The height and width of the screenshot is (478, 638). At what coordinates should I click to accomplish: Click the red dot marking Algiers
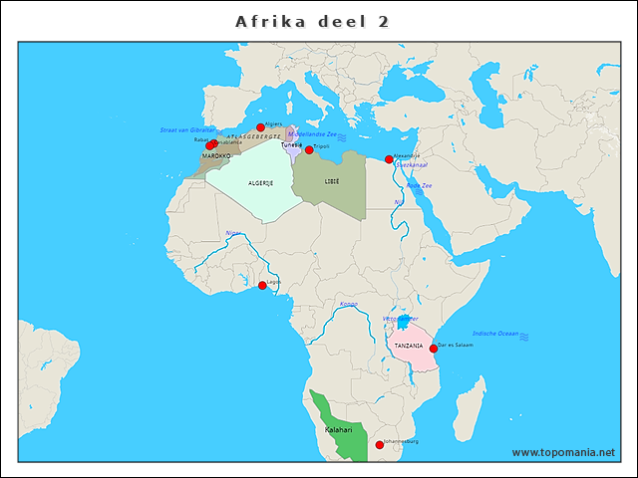click(x=260, y=127)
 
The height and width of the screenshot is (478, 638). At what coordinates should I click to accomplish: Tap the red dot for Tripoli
click(x=309, y=149)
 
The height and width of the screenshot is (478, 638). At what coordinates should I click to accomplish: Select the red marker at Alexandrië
click(x=389, y=159)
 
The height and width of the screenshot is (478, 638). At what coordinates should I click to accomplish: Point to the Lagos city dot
click(x=262, y=286)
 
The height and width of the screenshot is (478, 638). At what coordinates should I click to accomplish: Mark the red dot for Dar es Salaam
click(x=434, y=349)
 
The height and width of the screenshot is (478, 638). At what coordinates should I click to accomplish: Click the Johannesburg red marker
click(x=379, y=444)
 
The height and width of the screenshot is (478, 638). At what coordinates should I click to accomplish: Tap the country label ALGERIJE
click(x=260, y=183)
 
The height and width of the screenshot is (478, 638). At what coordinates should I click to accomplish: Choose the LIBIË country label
click(x=331, y=181)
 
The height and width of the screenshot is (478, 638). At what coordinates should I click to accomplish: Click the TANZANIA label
click(x=409, y=346)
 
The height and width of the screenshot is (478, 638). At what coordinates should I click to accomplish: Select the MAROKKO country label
click(x=216, y=156)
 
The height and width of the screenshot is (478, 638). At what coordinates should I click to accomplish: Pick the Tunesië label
click(x=291, y=144)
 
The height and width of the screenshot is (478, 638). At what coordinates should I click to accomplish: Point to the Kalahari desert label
click(x=339, y=429)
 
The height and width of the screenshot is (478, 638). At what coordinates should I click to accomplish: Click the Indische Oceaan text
click(x=495, y=334)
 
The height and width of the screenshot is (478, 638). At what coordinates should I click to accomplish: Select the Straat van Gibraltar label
click(x=187, y=130)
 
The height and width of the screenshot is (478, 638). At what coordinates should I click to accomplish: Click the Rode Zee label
click(x=419, y=185)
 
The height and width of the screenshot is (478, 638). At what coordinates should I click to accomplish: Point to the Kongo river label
click(x=348, y=304)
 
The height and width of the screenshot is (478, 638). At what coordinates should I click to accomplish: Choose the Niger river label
click(x=232, y=233)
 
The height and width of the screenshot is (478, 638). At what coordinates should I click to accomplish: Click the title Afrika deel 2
click(x=312, y=21)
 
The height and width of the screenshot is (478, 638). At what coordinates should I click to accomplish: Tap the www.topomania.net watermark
click(x=563, y=452)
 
